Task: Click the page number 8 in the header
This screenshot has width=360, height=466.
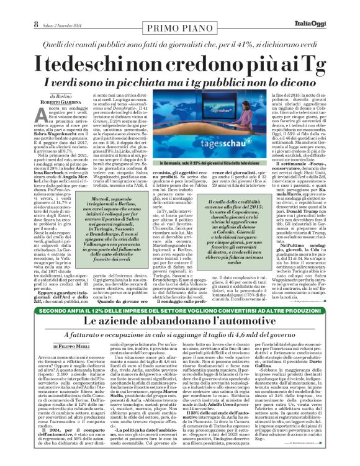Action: point(20,7)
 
